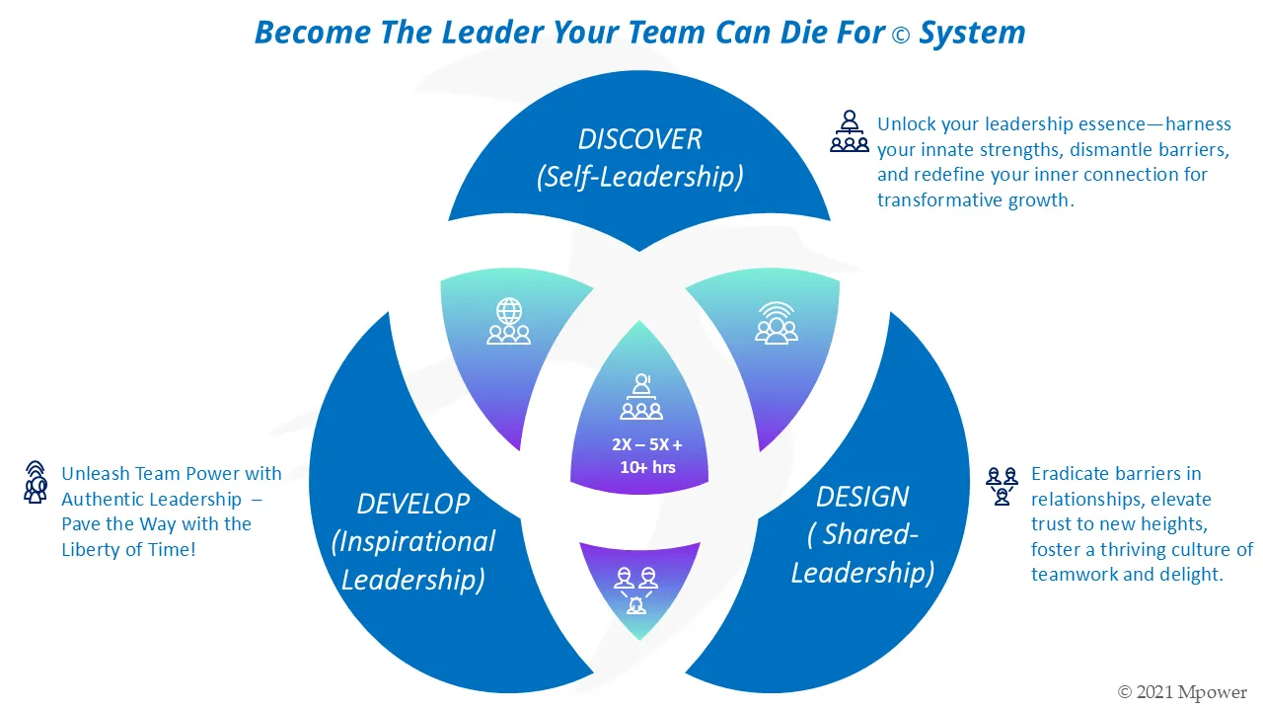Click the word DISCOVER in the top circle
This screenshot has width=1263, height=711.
(x=639, y=139)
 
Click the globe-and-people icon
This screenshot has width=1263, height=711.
(x=508, y=321)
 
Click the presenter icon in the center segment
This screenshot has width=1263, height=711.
(x=641, y=396)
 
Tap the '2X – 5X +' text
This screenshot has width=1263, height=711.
(x=646, y=444)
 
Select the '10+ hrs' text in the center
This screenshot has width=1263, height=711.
(x=647, y=467)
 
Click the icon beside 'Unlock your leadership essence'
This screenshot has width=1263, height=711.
(x=850, y=131)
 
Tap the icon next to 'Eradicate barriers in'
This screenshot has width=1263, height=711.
(x=1003, y=486)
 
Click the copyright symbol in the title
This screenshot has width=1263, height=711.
(x=901, y=35)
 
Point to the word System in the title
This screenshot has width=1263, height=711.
(x=972, y=33)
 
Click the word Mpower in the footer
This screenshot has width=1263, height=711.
(x=1213, y=692)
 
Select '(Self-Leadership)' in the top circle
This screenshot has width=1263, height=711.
(x=639, y=178)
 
